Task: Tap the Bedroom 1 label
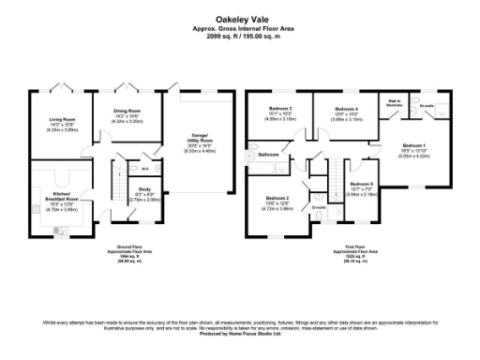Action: pos(413,145)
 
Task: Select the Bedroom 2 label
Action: pos(277,199)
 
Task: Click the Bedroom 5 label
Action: pos(363,184)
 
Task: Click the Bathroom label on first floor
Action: pos(269,154)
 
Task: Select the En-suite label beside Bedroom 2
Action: pos(319,206)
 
